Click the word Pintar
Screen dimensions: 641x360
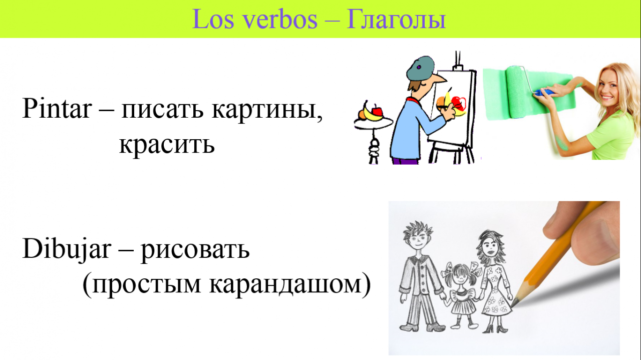57,108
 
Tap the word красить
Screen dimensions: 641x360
167,144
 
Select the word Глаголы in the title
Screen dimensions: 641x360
396,20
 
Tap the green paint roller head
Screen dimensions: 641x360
518,92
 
